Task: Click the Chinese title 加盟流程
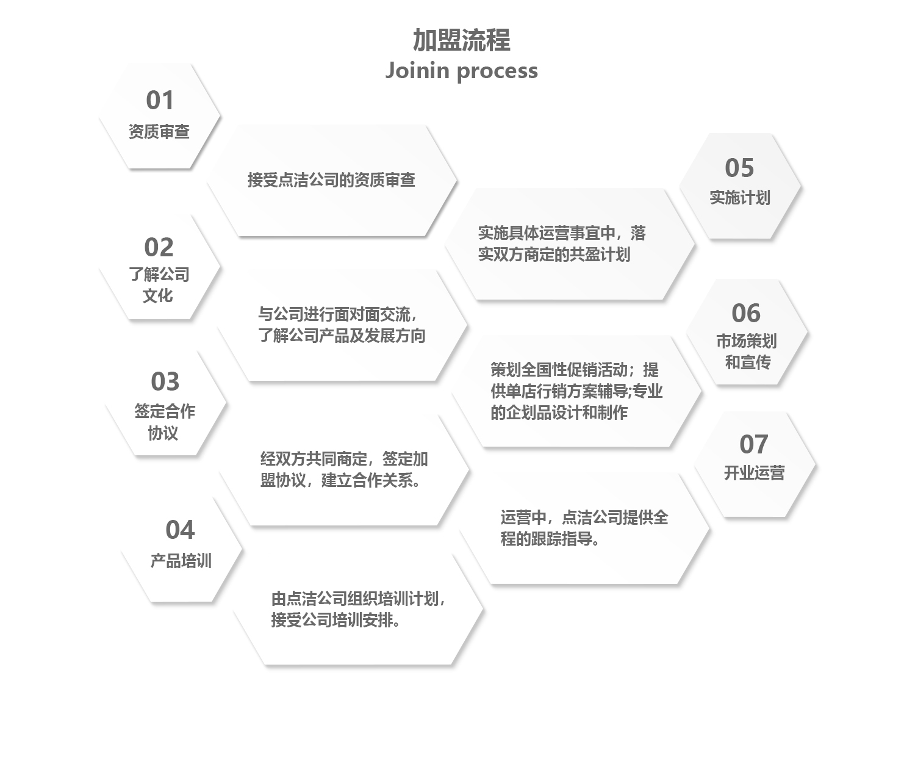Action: point(461,40)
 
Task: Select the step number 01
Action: point(160,100)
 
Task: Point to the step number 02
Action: point(159,247)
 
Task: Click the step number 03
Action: point(165,381)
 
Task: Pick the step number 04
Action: point(180,530)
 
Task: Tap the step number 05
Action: point(740,167)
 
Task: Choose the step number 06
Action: point(746,313)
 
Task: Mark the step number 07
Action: point(754,444)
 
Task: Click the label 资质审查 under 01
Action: point(159,132)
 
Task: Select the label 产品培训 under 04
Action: point(181,561)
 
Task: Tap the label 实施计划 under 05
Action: point(740,198)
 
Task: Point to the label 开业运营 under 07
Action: point(754,473)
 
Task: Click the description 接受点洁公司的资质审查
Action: point(331,180)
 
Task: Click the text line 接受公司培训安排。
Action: point(335,620)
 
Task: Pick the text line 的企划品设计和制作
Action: point(559,413)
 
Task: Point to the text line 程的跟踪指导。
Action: point(550,539)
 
